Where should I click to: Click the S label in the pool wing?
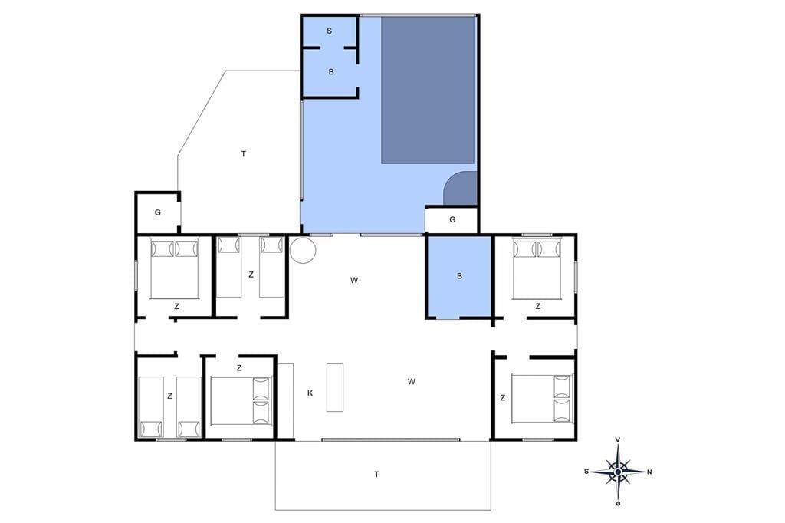(330, 31)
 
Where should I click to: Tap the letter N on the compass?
(649, 472)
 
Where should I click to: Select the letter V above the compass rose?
(618, 440)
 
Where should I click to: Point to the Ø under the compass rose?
(619, 504)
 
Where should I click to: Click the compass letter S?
(586, 472)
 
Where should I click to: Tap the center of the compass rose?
(619, 472)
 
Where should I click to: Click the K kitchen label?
(310, 393)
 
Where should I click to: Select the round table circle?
(303, 250)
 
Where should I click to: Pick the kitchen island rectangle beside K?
(335, 388)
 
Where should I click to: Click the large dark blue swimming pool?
(428, 90)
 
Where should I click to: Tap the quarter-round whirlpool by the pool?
(460, 189)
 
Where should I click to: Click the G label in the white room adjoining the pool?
(452, 219)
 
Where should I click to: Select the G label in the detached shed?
(158, 212)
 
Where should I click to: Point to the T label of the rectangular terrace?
(376, 475)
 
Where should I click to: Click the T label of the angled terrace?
(243, 154)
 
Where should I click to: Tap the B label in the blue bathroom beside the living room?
(460, 276)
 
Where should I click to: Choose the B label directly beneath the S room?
(331, 72)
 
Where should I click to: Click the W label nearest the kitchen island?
(412, 382)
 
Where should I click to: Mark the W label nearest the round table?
(354, 281)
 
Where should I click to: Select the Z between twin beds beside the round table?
(251, 275)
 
